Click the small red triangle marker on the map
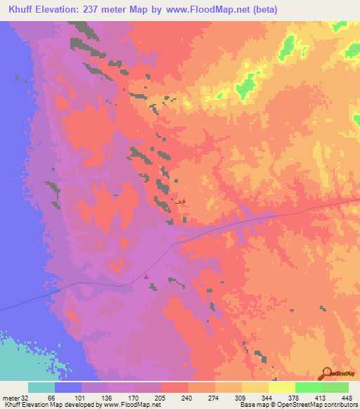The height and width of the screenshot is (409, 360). coord(146,277)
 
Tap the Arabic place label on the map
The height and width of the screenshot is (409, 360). coord(180,202)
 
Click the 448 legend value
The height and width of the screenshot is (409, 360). coord(346,398)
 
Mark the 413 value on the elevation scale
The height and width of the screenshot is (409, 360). coord(321,398)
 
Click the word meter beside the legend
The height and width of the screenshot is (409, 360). coord(10,398)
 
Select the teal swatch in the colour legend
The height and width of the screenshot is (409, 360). coord(41,387)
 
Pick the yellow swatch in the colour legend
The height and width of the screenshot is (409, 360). coord(281,387)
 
